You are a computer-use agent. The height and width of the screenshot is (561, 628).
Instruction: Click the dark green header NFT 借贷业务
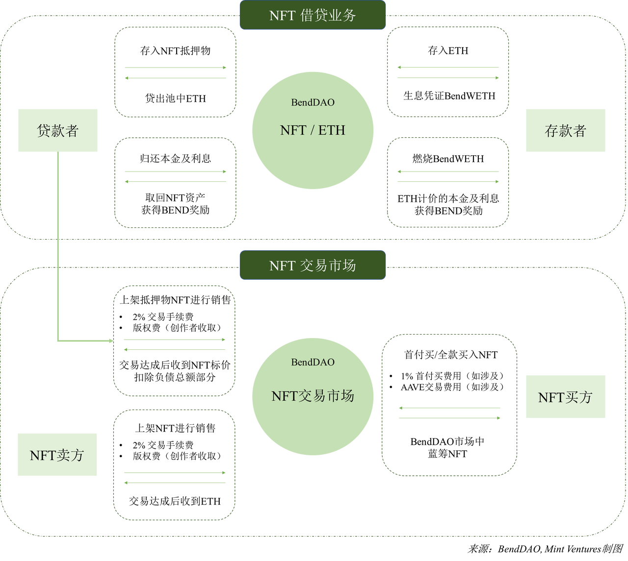coord(313,15)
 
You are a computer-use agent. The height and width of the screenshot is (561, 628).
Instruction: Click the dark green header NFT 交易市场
coord(313,265)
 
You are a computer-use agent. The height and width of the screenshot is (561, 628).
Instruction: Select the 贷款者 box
coord(58,130)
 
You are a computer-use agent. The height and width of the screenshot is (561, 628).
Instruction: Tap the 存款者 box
coord(565,130)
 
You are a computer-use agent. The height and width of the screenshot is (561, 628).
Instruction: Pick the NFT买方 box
coord(565,396)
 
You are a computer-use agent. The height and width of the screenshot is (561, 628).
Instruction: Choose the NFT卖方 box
coord(57,455)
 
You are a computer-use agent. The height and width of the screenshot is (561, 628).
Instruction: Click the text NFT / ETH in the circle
coord(313,130)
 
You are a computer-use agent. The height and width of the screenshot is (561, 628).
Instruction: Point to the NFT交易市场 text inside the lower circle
coord(313,396)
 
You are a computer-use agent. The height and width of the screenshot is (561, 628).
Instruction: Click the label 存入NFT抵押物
coord(175,50)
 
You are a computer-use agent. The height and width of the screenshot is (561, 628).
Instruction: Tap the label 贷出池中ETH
coord(176,98)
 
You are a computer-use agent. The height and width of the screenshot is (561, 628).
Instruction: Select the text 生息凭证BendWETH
coord(449,96)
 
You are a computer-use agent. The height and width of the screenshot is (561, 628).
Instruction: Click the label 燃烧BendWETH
coord(448,159)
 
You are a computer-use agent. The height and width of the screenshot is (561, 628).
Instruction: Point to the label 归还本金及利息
coord(175,159)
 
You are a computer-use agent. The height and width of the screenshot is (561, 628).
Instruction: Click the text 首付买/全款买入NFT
coord(451,355)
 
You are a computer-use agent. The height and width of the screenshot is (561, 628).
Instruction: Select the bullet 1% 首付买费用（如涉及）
coord(452,376)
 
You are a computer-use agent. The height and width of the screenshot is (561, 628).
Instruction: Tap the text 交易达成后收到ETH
coord(175,501)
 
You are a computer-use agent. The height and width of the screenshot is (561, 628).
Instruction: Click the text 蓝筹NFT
coord(447,454)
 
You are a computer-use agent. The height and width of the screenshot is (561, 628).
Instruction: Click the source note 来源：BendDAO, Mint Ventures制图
coord(545,549)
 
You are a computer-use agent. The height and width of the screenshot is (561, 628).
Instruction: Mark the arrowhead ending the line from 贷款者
coord(111,341)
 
